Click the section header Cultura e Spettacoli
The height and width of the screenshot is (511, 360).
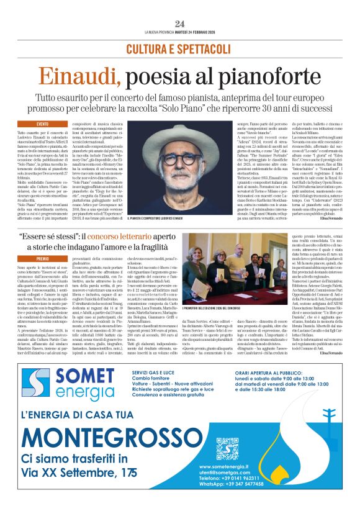click(180, 48)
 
